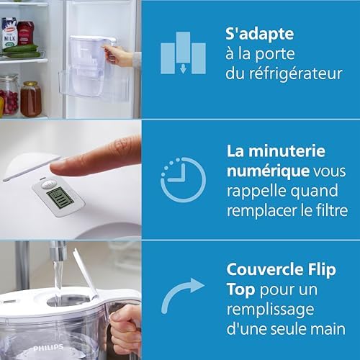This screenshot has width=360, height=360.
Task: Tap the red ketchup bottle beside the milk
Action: point(26,32)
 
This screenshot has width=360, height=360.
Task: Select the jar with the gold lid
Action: point(30,99)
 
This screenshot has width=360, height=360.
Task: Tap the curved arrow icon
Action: point(181,298)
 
